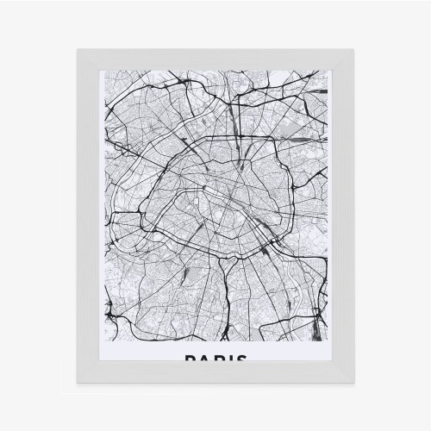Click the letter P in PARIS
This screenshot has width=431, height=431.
coord(188,359)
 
